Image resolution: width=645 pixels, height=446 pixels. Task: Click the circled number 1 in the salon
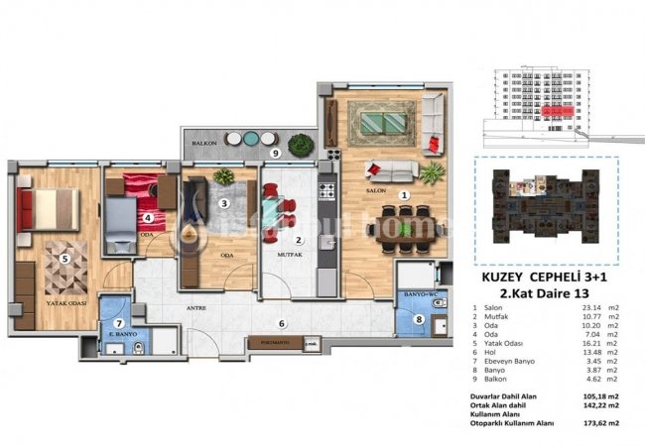click(x=404, y=196)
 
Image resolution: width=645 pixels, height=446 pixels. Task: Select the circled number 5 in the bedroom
click(x=64, y=260)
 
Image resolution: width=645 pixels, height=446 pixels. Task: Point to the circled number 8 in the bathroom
click(x=419, y=319)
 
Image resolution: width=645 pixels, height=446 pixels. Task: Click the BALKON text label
click(x=205, y=142)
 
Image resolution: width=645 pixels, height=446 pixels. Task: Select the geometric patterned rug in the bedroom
click(x=65, y=267)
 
